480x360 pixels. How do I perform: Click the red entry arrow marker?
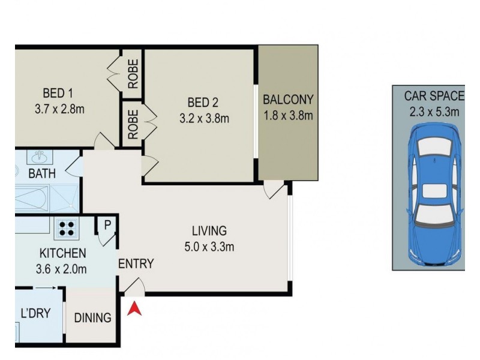pyautogui.click(x=134, y=308)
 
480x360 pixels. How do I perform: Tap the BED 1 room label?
pyautogui.click(x=58, y=93)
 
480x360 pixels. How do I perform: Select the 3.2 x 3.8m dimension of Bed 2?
pyautogui.click(x=204, y=118)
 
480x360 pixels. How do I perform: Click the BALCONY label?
pyautogui.click(x=288, y=100)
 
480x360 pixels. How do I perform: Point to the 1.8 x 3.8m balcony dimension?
pyautogui.click(x=288, y=116)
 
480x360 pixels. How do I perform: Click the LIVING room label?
pyautogui.click(x=209, y=230)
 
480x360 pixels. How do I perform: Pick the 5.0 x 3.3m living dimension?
pyautogui.click(x=209, y=247)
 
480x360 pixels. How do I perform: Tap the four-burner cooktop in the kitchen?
pyautogui.click(x=67, y=229)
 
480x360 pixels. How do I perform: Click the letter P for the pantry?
pyautogui.click(x=107, y=226)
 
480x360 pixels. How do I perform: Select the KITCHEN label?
pyautogui.click(x=63, y=253)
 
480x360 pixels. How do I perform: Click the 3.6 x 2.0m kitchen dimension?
pyautogui.click(x=61, y=269)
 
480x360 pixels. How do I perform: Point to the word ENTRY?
pyautogui.click(x=136, y=263)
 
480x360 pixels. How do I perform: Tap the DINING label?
pyautogui.click(x=93, y=318)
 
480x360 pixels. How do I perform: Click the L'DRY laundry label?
pyautogui.click(x=35, y=313)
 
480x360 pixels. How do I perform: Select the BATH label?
pyautogui.click(x=42, y=173)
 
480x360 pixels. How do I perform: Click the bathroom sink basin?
pyautogui.click(x=40, y=157)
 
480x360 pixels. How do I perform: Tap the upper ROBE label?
pyautogui.click(x=133, y=74)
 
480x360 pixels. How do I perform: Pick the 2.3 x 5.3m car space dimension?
pyautogui.click(x=434, y=112)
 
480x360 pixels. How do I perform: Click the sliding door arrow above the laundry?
pyautogui.click(x=45, y=288)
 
